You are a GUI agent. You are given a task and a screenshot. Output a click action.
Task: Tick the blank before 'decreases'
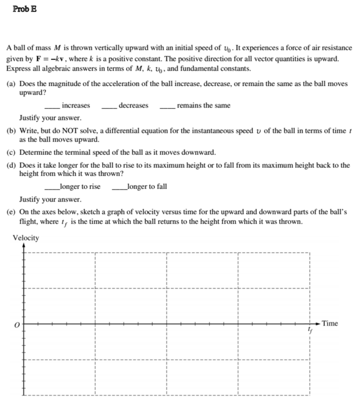point(110,106)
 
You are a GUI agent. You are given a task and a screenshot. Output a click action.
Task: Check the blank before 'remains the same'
point(167,106)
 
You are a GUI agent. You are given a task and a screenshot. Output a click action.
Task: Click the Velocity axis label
point(25,238)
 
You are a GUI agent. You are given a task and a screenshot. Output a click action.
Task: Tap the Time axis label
point(330,323)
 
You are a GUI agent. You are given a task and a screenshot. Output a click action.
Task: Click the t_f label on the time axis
point(311,331)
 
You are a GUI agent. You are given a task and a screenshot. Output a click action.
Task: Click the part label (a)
point(11,82)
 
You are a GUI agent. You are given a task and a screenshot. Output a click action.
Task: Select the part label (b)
point(11,132)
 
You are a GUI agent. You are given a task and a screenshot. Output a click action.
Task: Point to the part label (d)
point(11,165)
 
